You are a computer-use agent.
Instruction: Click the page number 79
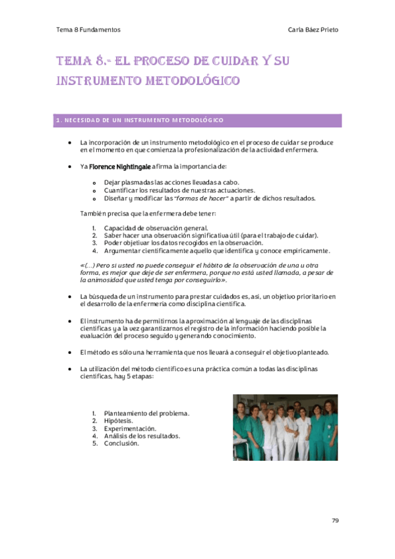pyautogui.click(x=335, y=520)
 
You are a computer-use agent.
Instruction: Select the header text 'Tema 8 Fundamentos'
pyautogui.click(x=88, y=30)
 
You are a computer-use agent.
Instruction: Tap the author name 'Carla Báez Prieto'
pyautogui.click(x=314, y=30)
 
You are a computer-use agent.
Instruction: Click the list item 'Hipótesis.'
pyautogui.click(x=117, y=421)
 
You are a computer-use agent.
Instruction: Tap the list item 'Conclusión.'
pyautogui.click(x=121, y=444)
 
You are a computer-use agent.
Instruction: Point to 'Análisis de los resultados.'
pyautogui.click(x=142, y=436)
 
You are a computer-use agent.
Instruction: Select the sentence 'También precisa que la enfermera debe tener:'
pyautogui.click(x=147, y=214)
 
